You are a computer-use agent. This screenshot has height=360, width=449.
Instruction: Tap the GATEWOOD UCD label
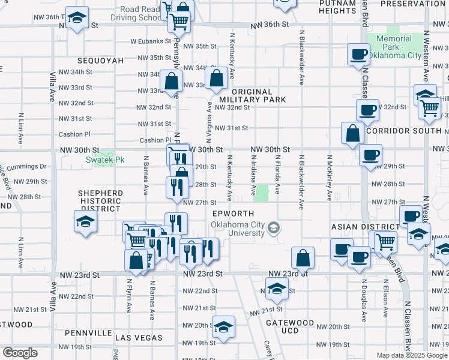[x=290, y=327]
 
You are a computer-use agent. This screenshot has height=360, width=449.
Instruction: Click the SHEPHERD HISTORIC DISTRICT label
[x=101, y=200]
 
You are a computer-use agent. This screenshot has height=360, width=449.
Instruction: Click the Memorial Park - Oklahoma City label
[x=394, y=47]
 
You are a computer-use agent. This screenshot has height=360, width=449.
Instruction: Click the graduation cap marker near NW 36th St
[x=77, y=18]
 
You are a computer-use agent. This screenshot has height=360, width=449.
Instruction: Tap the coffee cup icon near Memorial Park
[x=358, y=55]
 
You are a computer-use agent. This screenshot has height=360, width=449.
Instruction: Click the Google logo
[x=20, y=353]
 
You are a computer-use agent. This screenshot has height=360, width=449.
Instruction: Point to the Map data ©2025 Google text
[x=412, y=355]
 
